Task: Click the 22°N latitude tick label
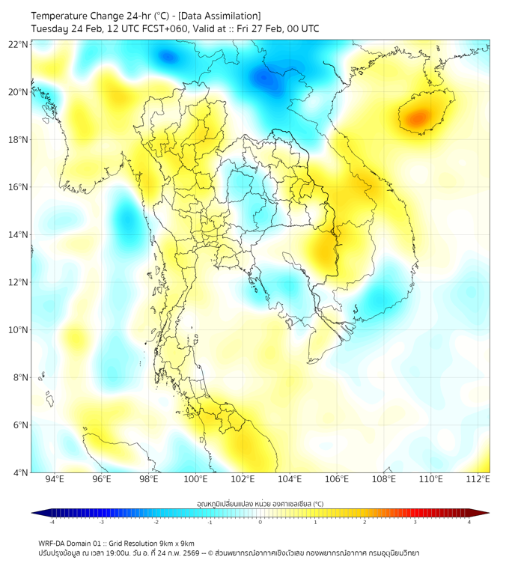[x=18, y=45]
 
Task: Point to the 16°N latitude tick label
[x=18, y=187]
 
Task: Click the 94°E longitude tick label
[x=55, y=479]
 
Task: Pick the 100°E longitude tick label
[x=196, y=479]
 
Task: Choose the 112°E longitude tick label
[x=478, y=479]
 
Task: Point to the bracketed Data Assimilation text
[x=224, y=16]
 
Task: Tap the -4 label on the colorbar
[x=52, y=523]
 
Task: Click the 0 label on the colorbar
[x=260, y=523]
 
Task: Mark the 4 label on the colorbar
[x=469, y=523]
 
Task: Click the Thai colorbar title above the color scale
[x=260, y=503]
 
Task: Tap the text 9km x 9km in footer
[x=177, y=544]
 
